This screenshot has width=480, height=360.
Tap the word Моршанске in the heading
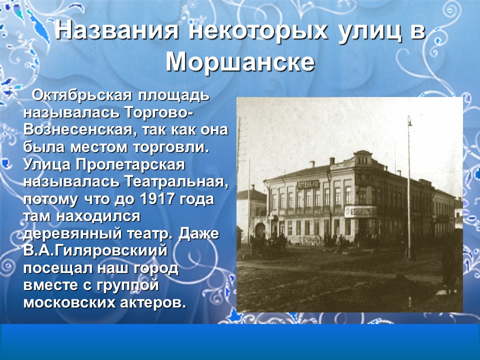click(x=240, y=61)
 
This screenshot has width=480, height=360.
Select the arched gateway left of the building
click(x=260, y=230)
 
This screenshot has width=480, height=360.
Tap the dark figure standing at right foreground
click(x=449, y=265)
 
